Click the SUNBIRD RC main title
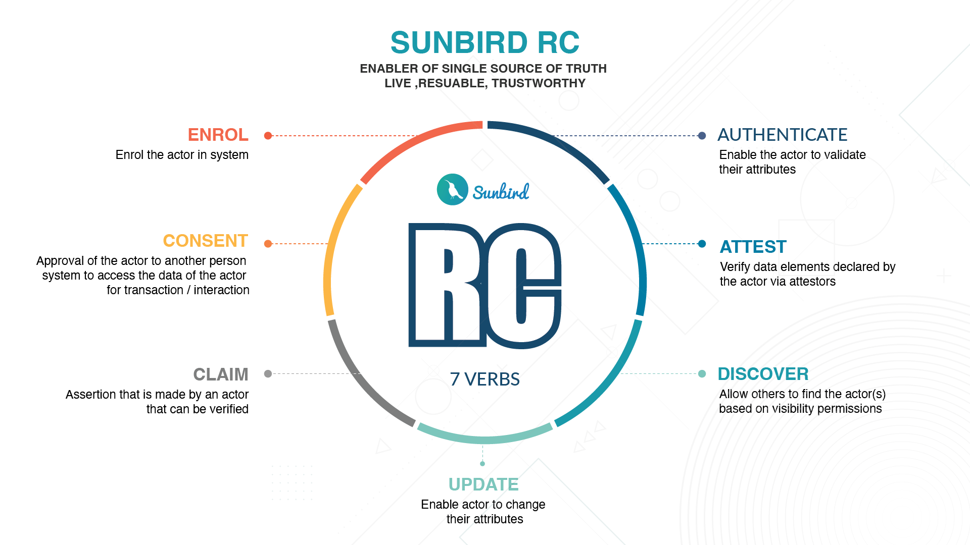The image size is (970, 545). [484, 42]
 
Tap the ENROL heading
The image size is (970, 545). [218, 135]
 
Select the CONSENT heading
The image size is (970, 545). [205, 241]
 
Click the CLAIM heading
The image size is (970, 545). [221, 374]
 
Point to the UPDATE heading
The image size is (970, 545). [483, 484]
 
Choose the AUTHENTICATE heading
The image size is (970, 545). [782, 135]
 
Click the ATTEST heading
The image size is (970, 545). [753, 247]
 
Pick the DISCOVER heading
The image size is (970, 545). [763, 374]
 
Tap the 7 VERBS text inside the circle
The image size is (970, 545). [484, 379]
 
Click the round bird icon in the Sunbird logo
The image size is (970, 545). [452, 190]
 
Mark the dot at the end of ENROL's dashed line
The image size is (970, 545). [268, 136]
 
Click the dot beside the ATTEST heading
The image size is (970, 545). [702, 244]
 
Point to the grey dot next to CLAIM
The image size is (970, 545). [268, 374]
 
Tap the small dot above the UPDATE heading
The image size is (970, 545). [482, 464]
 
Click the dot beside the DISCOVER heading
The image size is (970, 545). [702, 374]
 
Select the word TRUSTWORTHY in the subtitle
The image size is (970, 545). [539, 83]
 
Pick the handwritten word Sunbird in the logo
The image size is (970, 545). [501, 192]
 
